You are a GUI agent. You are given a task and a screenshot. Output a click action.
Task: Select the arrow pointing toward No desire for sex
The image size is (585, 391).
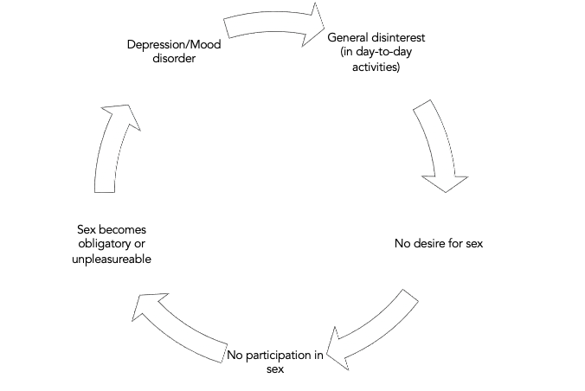(438, 147)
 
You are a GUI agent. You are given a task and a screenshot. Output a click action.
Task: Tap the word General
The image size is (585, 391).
(349, 38)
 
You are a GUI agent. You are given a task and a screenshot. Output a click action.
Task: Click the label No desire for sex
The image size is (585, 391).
(438, 243)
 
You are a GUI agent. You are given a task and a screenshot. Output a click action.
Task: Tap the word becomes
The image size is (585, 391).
(117, 229)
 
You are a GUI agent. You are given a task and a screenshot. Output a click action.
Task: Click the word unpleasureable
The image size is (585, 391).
(112, 259)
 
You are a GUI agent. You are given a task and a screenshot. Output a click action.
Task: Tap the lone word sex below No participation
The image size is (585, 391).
(275, 369)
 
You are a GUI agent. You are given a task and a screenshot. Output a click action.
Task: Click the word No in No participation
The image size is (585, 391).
(236, 355)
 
